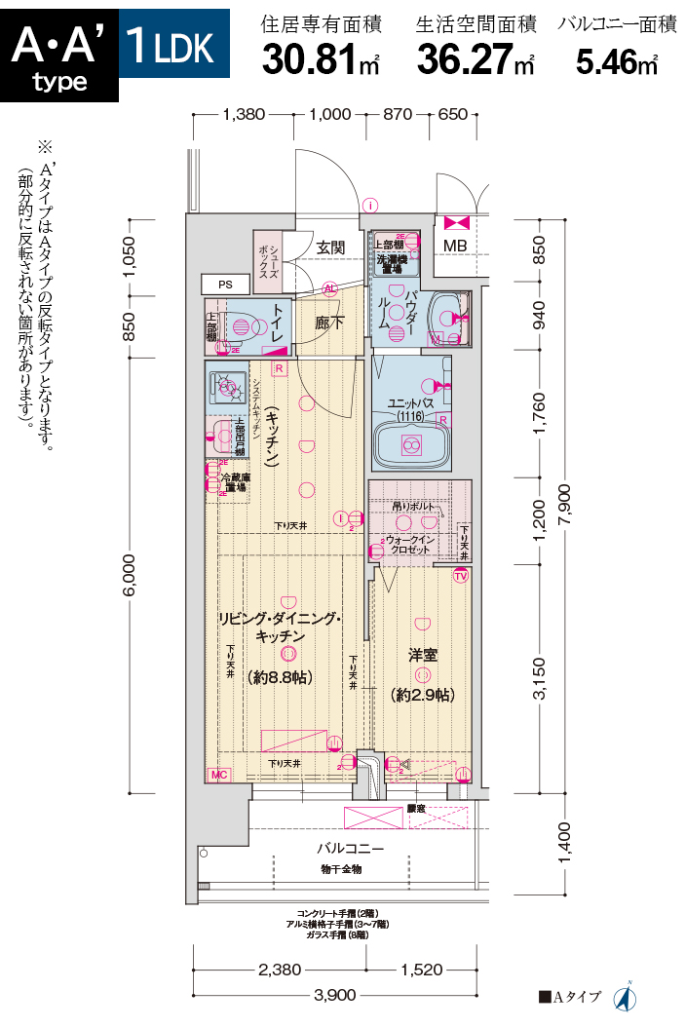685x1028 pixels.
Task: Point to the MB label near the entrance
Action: click(455, 245)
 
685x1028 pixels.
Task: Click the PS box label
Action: click(225, 285)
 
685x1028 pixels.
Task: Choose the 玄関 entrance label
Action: click(329, 247)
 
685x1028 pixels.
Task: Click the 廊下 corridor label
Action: click(328, 323)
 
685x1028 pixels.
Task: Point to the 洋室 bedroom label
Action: click(421, 655)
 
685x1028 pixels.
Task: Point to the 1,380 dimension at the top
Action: click(244, 114)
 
